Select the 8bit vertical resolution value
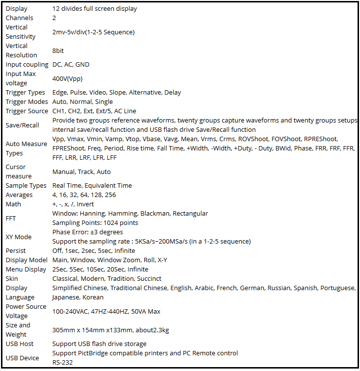[58, 50]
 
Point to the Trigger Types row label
[26, 92]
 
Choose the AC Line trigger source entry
[125, 111]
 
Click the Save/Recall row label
[22, 125]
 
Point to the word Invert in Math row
[85, 204]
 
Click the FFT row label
[11, 218]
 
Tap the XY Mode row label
[18, 237]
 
